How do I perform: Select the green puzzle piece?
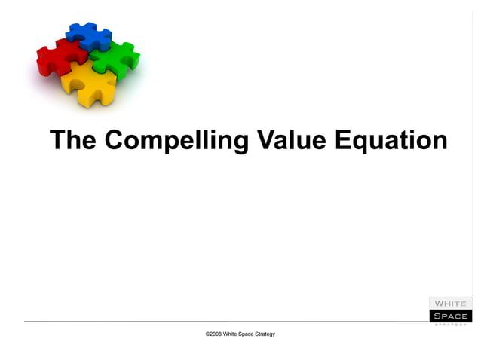[117, 59]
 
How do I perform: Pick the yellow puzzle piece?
[89, 82]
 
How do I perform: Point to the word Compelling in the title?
[176, 141]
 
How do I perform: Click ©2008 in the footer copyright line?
[214, 334]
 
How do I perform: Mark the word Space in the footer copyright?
[250, 334]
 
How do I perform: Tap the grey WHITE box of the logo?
[450, 304]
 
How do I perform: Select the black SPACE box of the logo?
[450, 316]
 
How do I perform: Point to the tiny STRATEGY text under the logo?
[450, 325]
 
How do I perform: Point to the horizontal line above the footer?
[226, 322]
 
